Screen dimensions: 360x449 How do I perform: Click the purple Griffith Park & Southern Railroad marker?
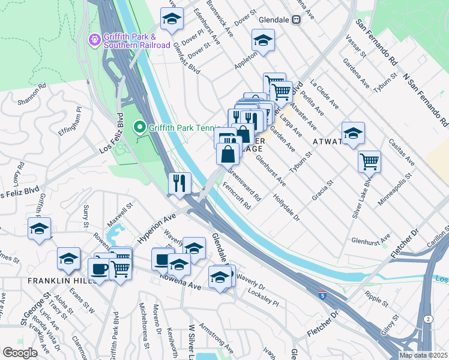(x=95, y=40)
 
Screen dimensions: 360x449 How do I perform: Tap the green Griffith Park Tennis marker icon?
(x=139, y=127)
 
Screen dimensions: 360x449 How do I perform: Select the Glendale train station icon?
(x=296, y=19)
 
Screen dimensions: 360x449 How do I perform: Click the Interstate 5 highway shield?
(x=324, y=295)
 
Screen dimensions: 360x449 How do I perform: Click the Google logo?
(x=20, y=353)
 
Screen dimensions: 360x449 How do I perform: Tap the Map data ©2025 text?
(x=423, y=355)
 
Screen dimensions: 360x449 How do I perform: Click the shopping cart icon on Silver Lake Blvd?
(x=369, y=161)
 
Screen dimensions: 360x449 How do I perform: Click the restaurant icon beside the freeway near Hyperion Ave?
(x=179, y=183)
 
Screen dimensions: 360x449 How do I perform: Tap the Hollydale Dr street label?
(x=286, y=208)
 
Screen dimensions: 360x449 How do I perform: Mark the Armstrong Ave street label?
(x=220, y=340)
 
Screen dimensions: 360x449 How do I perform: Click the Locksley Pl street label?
(x=263, y=298)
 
